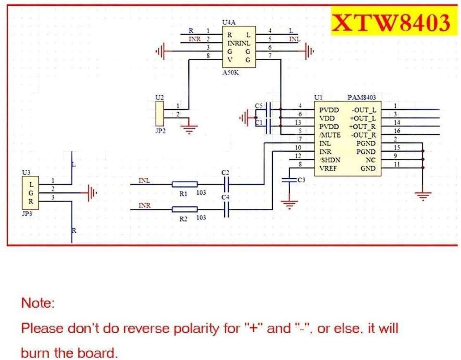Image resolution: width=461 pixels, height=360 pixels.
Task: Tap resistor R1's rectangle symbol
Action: (x=185, y=184)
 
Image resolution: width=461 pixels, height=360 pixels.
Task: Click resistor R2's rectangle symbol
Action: (x=185, y=209)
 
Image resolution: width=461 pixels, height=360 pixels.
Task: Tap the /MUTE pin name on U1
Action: (x=330, y=135)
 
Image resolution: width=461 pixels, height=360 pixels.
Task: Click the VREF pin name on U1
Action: (x=328, y=169)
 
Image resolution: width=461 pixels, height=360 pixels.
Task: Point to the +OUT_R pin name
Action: (x=363, y=127)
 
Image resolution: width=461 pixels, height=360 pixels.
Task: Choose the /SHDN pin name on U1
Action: (x=329, y=160)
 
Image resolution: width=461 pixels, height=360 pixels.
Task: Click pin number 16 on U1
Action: (x=397, y=131)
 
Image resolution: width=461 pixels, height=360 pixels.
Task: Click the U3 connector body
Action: (x=31, y=193)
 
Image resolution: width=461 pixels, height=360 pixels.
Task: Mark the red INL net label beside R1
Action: (x=144, y=181)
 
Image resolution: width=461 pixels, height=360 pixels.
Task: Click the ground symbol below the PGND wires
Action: (x=423, y=196)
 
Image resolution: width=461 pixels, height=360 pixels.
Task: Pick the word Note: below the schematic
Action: (x=38, y=303)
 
